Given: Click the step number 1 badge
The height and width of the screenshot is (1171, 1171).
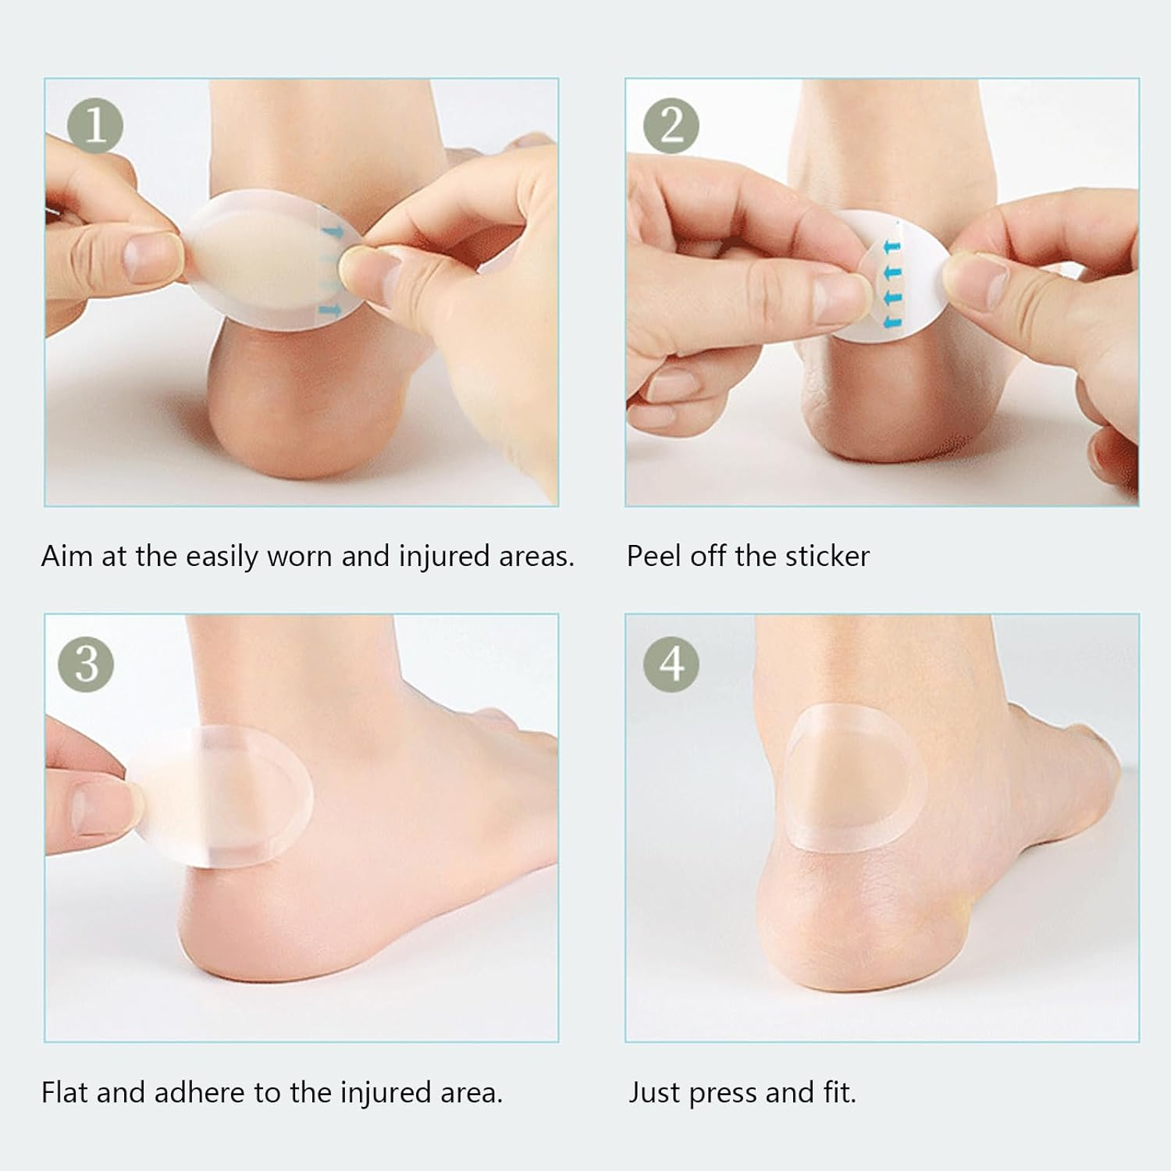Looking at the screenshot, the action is pos(95,125).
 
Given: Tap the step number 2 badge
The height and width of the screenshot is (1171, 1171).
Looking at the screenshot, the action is pos(671,125).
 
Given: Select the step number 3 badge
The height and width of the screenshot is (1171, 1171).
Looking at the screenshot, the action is pos(86,664).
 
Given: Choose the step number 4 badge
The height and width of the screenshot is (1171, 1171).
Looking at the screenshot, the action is pos(671,664).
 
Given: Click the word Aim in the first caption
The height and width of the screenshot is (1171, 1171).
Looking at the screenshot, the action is pos(67,556).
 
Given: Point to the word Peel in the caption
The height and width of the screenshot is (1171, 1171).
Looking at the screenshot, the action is pos(654,556).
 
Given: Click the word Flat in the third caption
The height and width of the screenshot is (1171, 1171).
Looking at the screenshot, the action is pos(65,1092).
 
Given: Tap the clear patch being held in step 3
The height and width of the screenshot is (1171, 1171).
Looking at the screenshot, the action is pos(226,796).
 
